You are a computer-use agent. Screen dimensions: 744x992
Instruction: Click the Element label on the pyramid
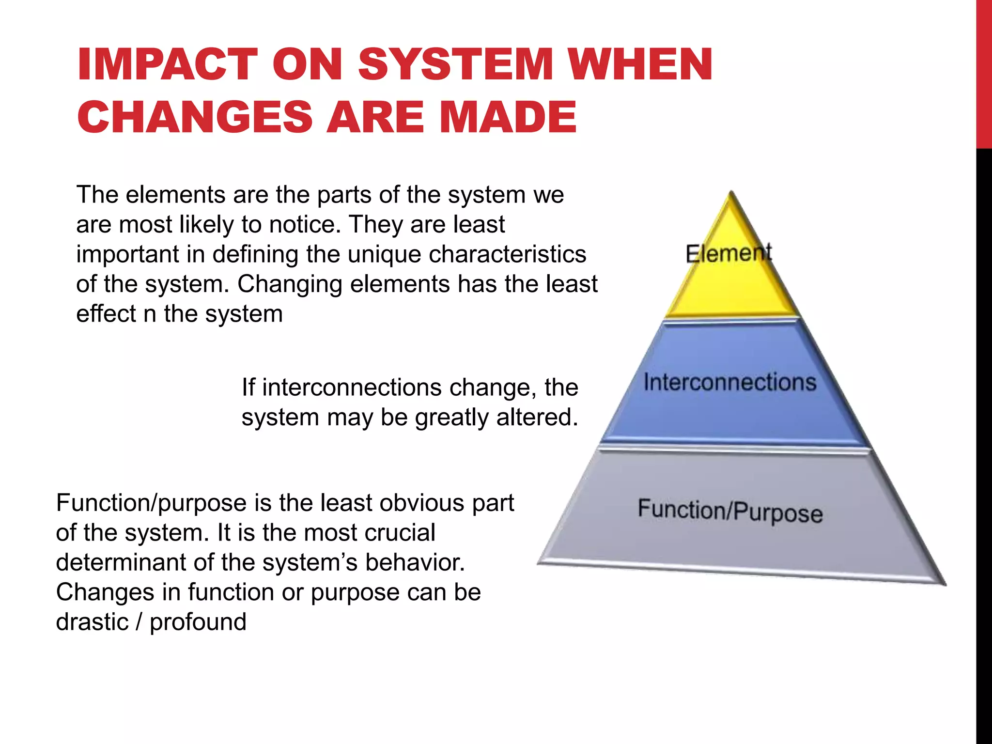[728, 253]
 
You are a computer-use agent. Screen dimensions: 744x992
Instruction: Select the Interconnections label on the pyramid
[730, 382]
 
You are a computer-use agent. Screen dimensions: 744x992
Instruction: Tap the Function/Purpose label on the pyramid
[730, 511]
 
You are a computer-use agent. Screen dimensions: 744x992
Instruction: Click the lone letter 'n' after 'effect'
[150, 314]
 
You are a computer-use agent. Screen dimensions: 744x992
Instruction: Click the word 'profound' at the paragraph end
[198, 622]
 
